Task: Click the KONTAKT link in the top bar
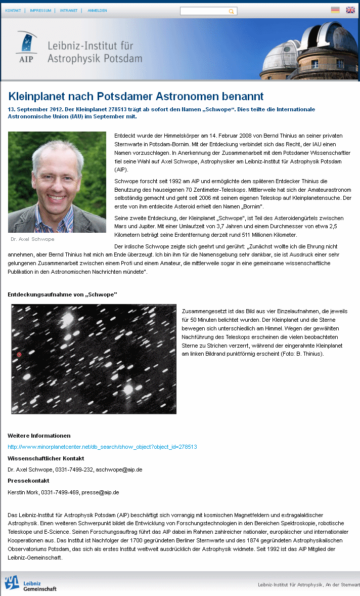click(13, 10)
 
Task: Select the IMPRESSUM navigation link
click(40, 10)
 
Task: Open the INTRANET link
click(69, 10)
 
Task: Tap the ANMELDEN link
click(97, 10)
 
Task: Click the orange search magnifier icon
click(232, 11)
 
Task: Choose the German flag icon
click(335, 10)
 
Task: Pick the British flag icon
click(350, 10)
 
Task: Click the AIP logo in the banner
click(26, 49)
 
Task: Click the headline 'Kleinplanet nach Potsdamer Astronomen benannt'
click(136, 96)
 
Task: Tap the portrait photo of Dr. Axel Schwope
click(57, 182)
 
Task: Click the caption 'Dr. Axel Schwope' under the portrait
click(32, 239)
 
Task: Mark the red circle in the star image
click(19, 355)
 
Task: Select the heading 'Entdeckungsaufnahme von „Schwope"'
click(62, 294)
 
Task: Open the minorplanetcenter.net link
click(102, 447)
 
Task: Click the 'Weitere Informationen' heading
click(39, 436)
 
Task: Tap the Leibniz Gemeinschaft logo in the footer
click(30, 584)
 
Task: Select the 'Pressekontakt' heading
click(28, 481)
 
